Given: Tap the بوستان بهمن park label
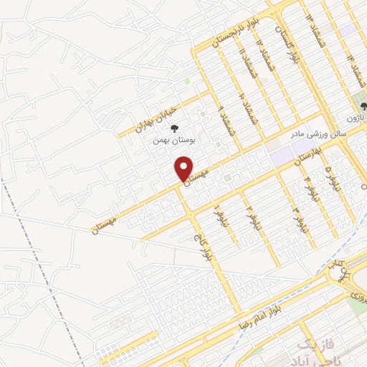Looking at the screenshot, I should [x=173, y=140].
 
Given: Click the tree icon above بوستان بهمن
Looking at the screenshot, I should [x=173, y=128].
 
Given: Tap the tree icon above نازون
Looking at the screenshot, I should [x=363, y=105].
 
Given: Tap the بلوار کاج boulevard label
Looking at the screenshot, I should [x=203, y=247].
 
